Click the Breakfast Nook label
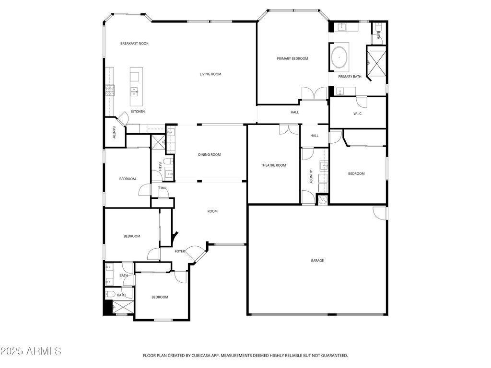pyautogui.click(x=134, y=44)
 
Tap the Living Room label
pyautogui.click(x=210, y=74)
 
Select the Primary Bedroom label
pyautogui.click(x=292, y=58)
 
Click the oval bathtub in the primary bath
pyautogui.click(x=339, y=57)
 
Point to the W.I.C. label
pyautogui.click(x=358, y=114)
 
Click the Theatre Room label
pyautogui.click(x=273, y=165)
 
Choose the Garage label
pyautogui.click(x=317, y=260)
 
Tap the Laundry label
pyautogui.click(x=311, y=176)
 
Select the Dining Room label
pyautogui.click(x=210, y=155)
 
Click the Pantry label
pyautogui.click(x=114, y=132)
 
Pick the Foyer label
pyautogui.click(x=180, y=251)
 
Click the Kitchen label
pyautogui.click(x=138, y=112)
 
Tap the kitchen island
pyautogui.click(x=137, y=87)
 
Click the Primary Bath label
pyautogui.click(x=350, y=77)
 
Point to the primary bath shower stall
pyautogui.click(x=377, y=62)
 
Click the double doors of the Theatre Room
pyautogui.click(x=289, y=129)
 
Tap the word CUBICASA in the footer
pyautogui.click(x=200, y=356)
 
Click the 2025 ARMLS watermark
pyautogui.click(x=31, y=351)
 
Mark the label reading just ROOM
pyautogui.click(x=212, y=211)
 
